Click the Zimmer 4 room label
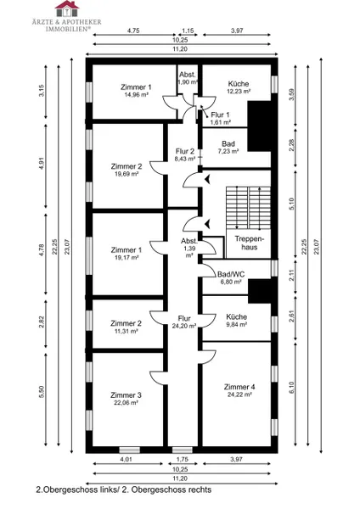(239, 387)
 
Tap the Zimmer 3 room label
(126, 395)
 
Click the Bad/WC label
(231, 275)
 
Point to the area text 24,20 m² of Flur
(184, 326)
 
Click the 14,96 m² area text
(136, 94)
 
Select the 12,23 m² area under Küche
(239, 92)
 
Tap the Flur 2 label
(185, 151)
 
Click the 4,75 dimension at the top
(133, 31)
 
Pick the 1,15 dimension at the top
(188, 31)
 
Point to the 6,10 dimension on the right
(291, 388)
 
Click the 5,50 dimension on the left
(42, 392)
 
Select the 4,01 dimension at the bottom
(126, 459)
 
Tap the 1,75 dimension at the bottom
(182, 459)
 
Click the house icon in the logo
(67, 8)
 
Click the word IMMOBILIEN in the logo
(68, 29)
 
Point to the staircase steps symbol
(248, 208)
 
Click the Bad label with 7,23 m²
(228, 144)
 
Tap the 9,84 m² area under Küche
(237, 324)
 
